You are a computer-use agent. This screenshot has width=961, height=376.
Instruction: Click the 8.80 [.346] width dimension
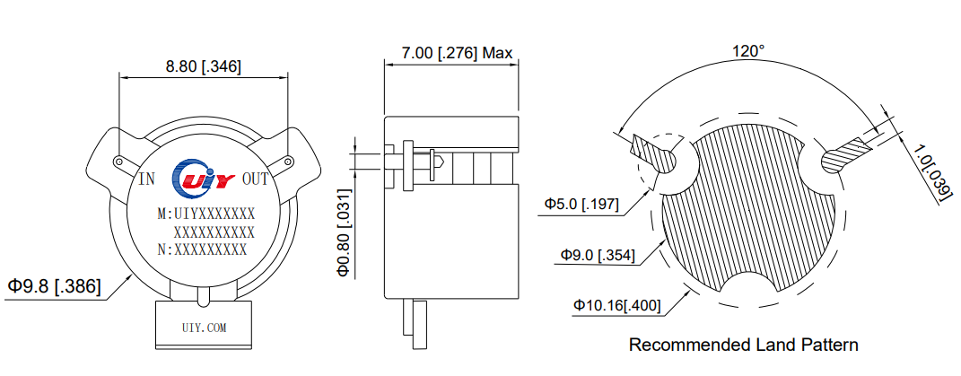pyautogui.click(x=203, y=66)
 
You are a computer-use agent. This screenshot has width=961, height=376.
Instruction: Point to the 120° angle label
pyautogui.click(x=747, y=51)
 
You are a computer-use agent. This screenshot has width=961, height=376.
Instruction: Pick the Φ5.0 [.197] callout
pyautogui.click(x=581, y=205)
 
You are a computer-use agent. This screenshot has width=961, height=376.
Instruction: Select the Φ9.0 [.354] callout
pyautogui.click(x=597, y=255)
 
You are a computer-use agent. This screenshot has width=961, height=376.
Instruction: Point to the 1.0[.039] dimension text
pyautogui.click(x=930, y=172)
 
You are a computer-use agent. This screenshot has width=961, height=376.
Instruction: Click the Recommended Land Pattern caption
pyautogui.click(x=743, y=345)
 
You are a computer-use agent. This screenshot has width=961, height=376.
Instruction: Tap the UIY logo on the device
pyautogui.click(x=204, y=178)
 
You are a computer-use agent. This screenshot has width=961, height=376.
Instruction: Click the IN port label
pyautogui.click(x=146, y=179)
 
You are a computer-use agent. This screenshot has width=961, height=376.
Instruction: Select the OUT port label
pyautogui.click(x=256, y=179)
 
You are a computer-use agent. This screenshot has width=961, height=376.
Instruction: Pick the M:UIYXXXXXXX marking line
pyautogui.click(x=205, y=214)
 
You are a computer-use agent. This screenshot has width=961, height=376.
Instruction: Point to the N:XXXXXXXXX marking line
pyautogui.click(x=201, y=249)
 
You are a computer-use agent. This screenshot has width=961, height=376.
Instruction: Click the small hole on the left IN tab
pyautogui.click(x=118, y=162)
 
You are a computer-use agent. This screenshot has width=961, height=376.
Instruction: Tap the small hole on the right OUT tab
pyautogui.click(x=287, y=162)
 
